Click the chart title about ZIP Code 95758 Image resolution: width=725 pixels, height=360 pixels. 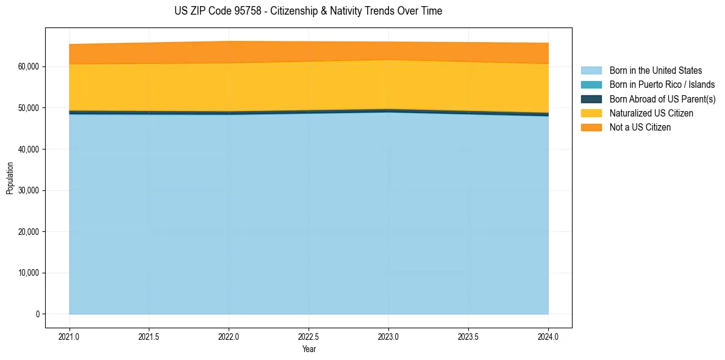[308, 11]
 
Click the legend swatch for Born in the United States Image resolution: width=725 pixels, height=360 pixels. [591, 71]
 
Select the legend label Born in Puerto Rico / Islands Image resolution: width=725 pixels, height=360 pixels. [662, 85]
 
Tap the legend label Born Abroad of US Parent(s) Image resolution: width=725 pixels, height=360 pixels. [662, 99]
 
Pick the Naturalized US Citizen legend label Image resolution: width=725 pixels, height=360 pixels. [651, 113]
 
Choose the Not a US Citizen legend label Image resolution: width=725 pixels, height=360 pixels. [640, 128]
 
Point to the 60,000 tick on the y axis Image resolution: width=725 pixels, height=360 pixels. [28, 67]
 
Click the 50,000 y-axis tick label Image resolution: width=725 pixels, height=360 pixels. [28, 108]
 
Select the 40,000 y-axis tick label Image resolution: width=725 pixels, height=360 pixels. [28, 149]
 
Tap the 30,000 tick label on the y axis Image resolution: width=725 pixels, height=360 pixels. [28, 190]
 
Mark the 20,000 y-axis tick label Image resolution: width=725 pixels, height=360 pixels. [28, 232]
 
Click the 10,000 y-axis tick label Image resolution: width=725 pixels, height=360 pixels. [28, 273]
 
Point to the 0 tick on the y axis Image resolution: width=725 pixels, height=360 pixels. [37, 314]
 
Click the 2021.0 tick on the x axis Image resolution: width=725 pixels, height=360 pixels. [70, 336]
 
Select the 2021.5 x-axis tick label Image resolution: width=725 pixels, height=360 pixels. [149, 336]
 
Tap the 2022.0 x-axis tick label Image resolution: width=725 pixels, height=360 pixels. [229, 336]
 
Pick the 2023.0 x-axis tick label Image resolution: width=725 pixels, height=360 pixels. [388, 336]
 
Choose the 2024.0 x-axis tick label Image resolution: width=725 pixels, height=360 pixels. [548, 336]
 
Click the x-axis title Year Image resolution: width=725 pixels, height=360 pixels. [309, 350]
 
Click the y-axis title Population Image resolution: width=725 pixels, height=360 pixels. [10, 178]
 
